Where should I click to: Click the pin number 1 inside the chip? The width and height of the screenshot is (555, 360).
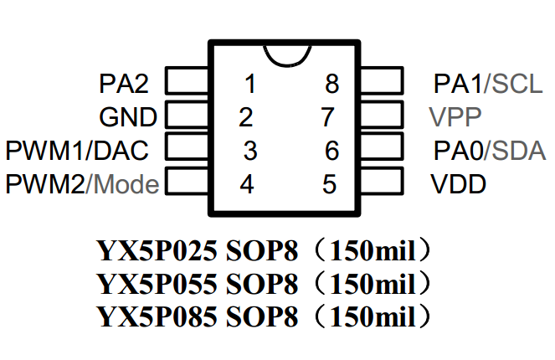249,84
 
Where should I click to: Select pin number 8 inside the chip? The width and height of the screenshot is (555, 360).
332,84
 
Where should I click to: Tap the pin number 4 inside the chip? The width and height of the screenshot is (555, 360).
246,183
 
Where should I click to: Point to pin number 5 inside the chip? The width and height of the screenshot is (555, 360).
329,183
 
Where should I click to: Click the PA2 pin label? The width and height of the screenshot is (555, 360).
124,84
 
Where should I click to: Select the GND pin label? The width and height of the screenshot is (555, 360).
127,116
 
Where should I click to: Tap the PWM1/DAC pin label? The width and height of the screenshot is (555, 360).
77,151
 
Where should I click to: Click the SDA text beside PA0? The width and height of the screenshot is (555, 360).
518,151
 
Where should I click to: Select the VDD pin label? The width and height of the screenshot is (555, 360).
459,183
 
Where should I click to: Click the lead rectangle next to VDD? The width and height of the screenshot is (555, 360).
382,180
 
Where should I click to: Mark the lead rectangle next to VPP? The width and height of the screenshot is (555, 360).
382,115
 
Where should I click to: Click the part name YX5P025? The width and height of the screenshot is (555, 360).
157,250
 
